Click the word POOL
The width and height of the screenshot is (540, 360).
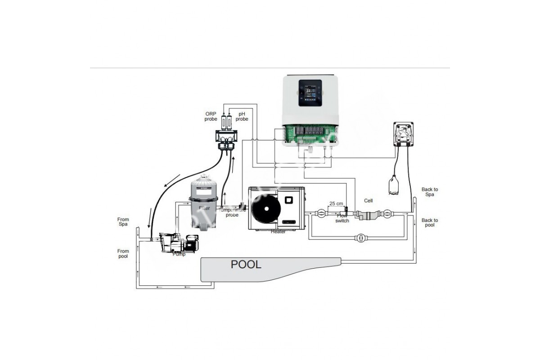[246, 264]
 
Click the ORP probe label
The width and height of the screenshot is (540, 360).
[211, 117]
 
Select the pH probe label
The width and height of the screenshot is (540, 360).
[242, 117]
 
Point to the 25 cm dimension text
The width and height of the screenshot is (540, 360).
[336, 203]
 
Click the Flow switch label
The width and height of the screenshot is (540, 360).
[342, 218]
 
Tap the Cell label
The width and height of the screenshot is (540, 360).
[368, 201]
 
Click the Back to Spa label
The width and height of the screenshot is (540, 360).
[430, 192]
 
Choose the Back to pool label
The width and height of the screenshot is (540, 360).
[430, 223]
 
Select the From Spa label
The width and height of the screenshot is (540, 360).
[123, 222]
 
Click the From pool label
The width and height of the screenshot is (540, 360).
[123, 254]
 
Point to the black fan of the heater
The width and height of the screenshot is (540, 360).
[266, 208]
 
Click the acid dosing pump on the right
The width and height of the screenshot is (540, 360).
[403, 134]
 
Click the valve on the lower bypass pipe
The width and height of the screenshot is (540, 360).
[360, 238]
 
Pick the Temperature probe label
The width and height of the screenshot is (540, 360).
[232, 212]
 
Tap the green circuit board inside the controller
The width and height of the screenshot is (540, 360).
[310, 134]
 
